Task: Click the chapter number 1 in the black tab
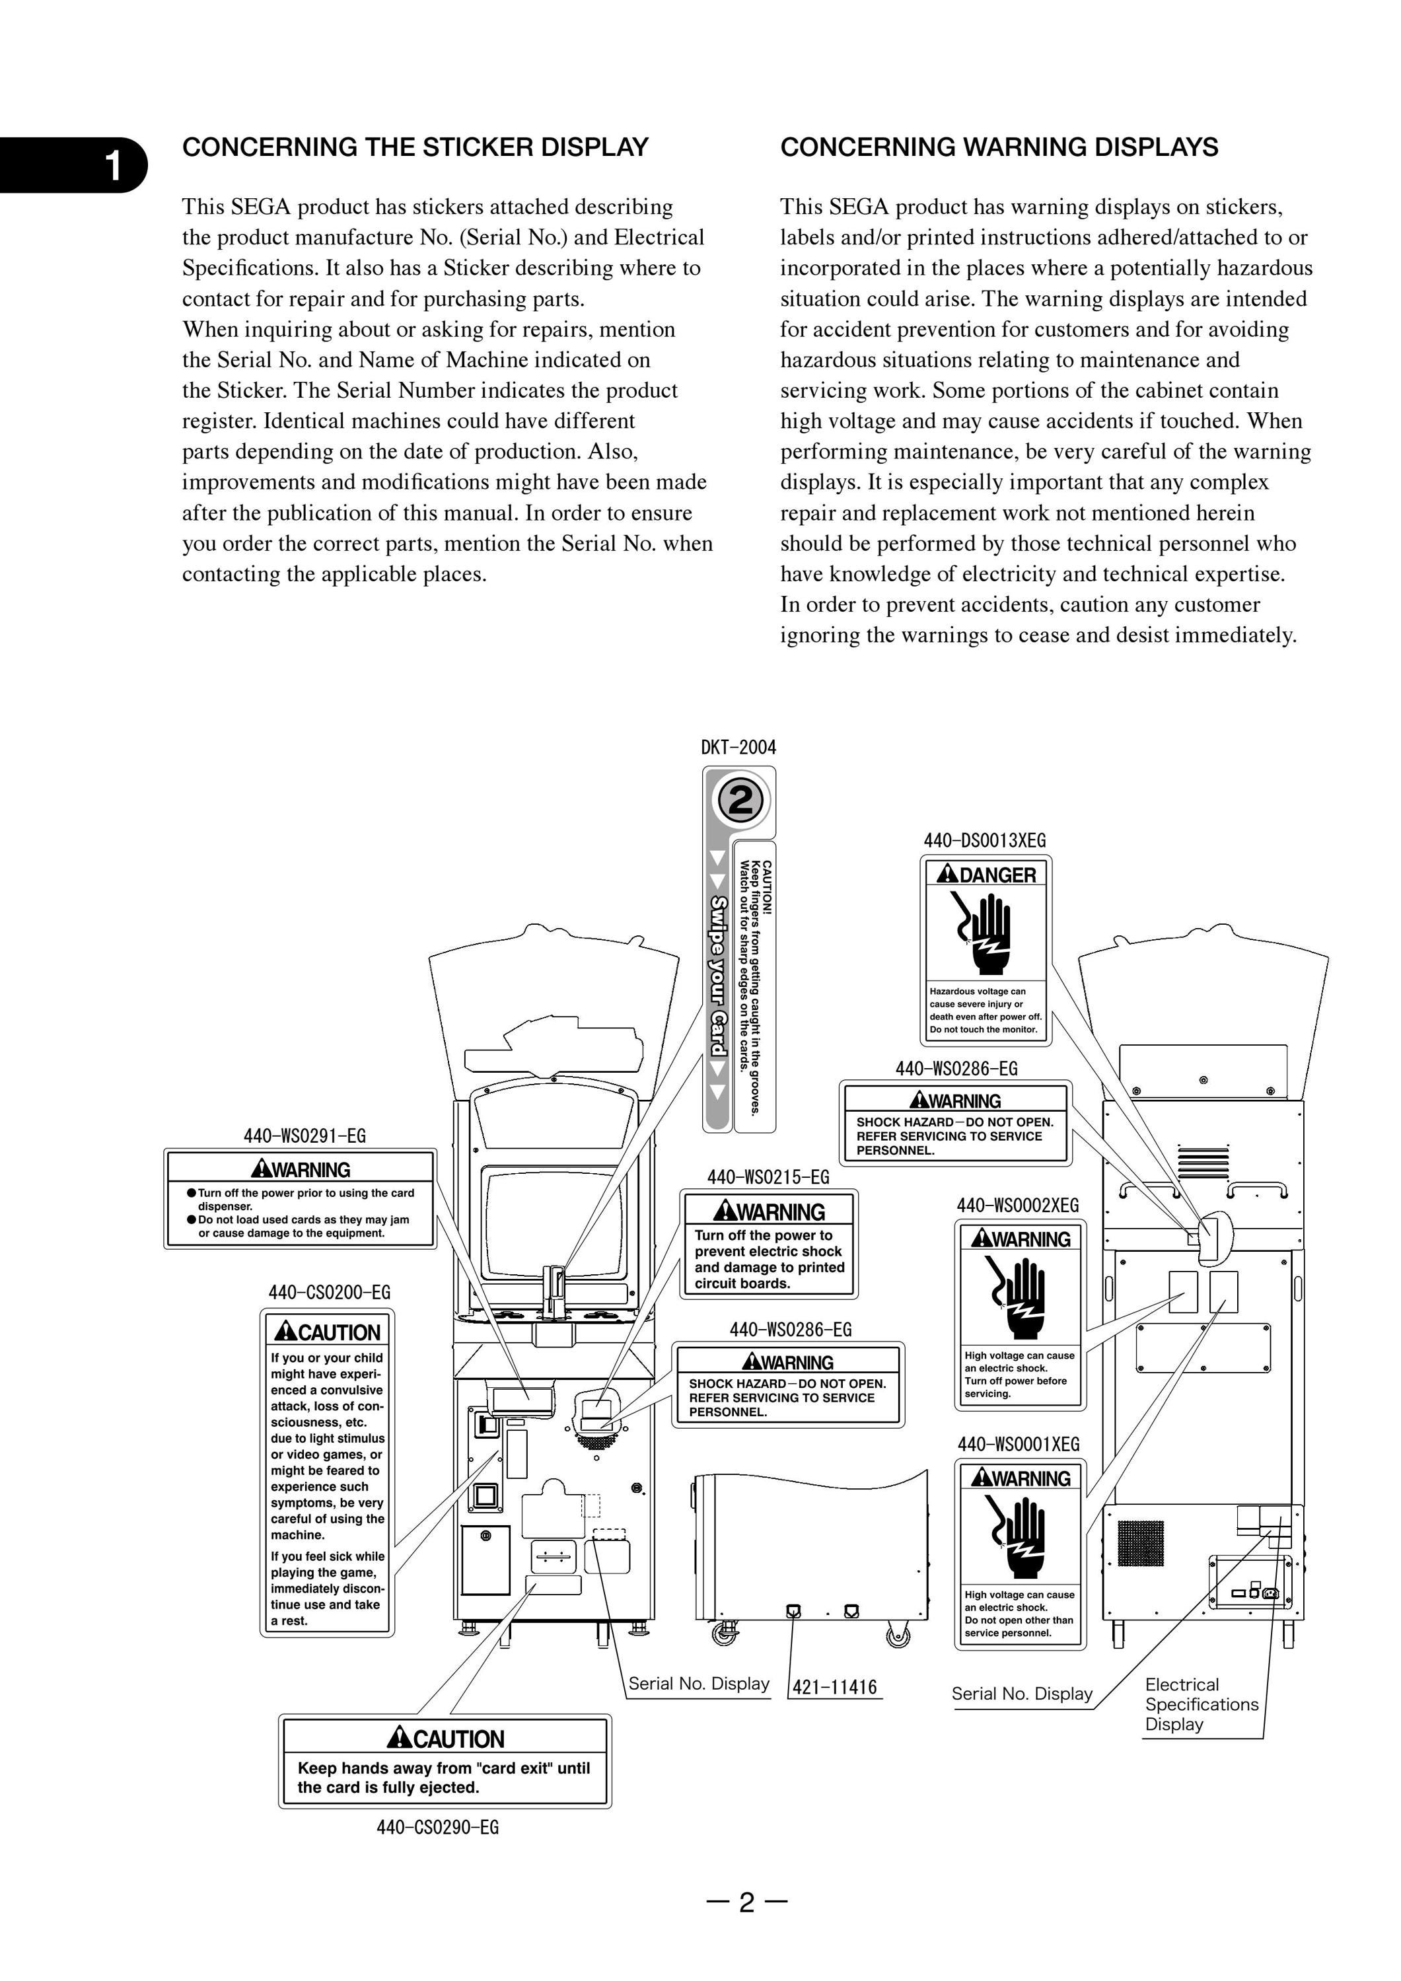(112, 166)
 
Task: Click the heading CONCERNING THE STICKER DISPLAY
(415, 147)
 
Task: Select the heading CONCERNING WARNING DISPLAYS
(999, 147)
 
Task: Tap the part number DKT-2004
(738, 747)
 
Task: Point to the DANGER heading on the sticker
(986, 875)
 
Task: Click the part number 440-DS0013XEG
(984, 840)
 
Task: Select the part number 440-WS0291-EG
(305, 1135)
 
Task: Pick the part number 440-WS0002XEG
(1018, 1206)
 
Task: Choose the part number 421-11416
(834, 1687)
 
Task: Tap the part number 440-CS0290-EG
(437, 1826)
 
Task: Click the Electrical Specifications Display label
(1202, 1704)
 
